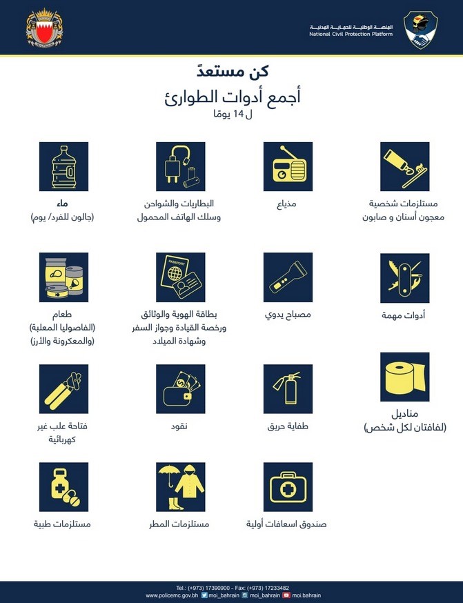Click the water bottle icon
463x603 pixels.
pos(64,166)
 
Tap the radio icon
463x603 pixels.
pos(288,166)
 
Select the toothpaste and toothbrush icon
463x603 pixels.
pos(405,166)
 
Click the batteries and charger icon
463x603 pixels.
pos(181,166)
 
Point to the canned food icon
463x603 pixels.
pos(64,277)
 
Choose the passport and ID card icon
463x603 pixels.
pos(181,277)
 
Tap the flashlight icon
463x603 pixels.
pos(288,277)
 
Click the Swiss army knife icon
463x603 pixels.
pos(405,277)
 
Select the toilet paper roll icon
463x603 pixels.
pos(405,377)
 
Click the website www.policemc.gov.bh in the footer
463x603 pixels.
pos(172,594)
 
